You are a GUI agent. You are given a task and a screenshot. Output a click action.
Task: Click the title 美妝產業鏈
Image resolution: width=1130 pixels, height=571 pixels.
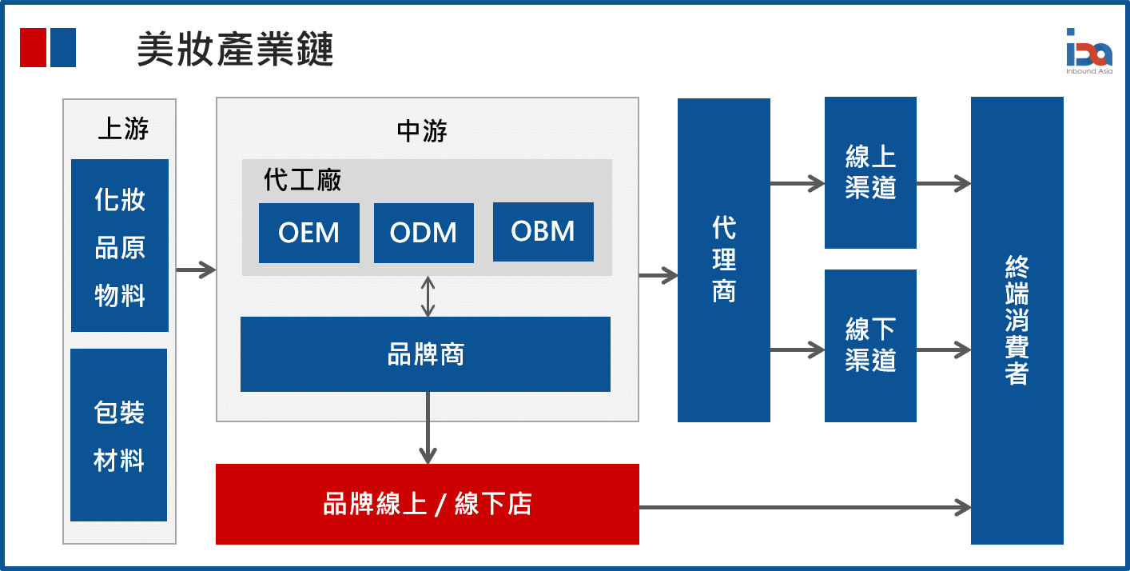(x=234, y=50)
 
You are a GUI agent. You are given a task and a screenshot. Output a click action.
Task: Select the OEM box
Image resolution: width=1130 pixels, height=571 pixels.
(x=308, y=233)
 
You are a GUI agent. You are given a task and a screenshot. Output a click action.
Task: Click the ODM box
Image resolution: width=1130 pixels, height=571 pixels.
(x=424, y=233)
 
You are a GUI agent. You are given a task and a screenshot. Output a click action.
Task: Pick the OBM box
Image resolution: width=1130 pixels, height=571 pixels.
(x=543, y=232)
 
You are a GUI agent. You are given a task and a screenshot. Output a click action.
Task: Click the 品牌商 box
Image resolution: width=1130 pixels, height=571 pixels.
(x=425, y=354)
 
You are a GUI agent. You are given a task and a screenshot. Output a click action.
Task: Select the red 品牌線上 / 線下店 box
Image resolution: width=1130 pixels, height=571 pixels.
(x=427, y=504)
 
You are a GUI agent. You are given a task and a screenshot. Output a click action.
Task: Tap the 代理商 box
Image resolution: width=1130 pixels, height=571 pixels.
(x=723, y=260)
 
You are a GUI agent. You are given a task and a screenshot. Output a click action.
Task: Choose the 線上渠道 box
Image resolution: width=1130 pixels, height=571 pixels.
(x=870, y=173)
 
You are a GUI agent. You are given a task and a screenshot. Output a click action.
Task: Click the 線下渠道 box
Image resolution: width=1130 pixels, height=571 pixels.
(x=870, y=345)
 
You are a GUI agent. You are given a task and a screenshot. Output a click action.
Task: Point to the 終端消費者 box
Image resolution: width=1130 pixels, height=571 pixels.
(x=1017, y=320)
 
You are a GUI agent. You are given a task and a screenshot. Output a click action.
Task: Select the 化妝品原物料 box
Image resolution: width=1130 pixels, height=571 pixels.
(x=120, y=246)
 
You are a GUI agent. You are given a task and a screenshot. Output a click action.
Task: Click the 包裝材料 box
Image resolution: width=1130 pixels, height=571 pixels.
(x=119, y=435)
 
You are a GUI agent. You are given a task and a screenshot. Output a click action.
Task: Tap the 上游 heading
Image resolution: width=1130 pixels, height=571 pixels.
(x=122, y=129)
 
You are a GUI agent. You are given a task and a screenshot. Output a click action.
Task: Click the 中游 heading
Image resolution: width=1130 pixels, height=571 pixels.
(x=421, y=131)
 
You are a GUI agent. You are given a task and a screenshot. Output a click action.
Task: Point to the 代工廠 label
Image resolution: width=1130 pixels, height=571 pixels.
(x=302, y=180)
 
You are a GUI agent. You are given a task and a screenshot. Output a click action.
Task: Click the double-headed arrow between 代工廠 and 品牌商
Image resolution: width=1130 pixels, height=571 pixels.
(x=428, y=296)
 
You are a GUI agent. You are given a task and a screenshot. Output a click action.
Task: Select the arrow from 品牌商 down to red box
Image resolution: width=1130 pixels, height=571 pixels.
(x=428, y=428)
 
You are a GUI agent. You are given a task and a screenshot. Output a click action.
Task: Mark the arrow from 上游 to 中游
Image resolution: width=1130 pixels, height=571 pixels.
(x=196, y=270)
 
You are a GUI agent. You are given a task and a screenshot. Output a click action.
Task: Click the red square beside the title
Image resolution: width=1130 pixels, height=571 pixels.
(x=32, y=48)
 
